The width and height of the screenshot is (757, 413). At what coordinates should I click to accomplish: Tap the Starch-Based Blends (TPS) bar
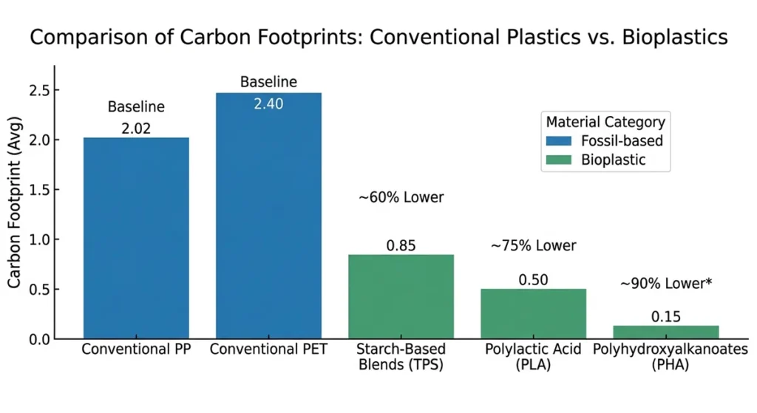point(401,296)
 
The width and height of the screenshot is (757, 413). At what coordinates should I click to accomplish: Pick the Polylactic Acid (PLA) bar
point(533,313)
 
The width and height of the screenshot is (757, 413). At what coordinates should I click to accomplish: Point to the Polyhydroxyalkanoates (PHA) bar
point(665,332)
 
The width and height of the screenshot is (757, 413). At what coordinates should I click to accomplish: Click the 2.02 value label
point(136,129)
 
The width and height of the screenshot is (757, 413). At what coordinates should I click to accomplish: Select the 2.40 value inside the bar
point(268,104)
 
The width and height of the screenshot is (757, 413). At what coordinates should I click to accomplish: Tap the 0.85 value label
point(401,245)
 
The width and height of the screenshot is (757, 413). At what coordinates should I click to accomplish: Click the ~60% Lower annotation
point(401,197)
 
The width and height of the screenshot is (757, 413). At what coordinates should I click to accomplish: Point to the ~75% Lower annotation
point(533,245)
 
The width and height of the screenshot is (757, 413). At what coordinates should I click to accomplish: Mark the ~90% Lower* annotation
point(665,284)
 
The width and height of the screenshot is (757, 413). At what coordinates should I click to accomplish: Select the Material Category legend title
point(605,122)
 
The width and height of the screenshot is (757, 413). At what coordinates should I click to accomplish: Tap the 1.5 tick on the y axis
point(35,190)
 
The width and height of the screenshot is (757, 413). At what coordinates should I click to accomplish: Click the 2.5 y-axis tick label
point(35,91)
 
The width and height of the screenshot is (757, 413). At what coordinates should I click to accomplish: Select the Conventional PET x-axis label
point(268,348)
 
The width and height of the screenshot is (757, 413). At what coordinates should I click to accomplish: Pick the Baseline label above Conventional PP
point(136,107)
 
